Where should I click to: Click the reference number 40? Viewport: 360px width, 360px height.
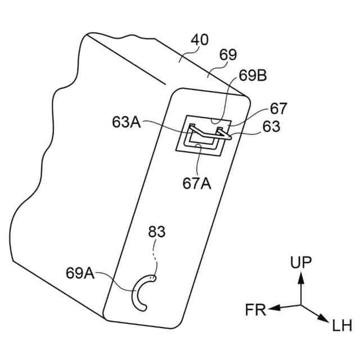(x=200, y=40)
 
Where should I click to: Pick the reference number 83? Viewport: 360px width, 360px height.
(x=157, y=232)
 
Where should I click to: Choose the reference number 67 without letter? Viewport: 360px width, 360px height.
(x=278, y=109)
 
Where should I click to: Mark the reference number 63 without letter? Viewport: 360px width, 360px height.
(x=271, y=127)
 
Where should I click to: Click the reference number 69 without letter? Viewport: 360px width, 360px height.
(x=229, y=55)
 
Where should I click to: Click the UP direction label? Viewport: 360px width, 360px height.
(x=303, y=262)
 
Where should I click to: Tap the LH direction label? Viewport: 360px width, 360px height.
(x=341, y=325)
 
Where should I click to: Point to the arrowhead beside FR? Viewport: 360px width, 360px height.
(x=273, y=308)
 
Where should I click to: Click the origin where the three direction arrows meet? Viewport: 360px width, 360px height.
(x=302, y=305)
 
